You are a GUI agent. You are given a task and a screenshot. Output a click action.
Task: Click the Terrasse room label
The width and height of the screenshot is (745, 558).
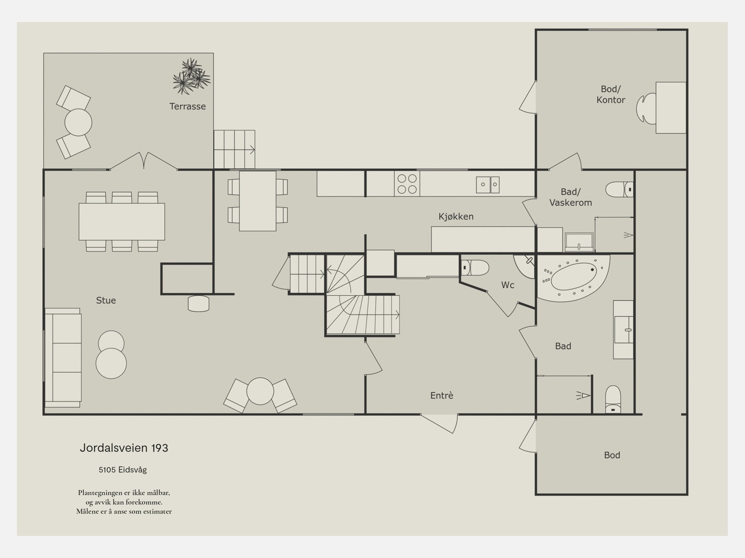(187, 106)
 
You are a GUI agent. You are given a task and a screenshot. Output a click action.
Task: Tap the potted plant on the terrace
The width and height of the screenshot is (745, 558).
(191, 76)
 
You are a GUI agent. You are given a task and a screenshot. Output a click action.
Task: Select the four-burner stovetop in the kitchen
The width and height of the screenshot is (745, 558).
(407, 184)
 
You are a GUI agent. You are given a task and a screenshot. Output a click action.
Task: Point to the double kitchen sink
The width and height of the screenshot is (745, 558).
(488, 184)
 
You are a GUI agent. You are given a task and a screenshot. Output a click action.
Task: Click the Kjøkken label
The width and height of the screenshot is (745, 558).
(456, 216)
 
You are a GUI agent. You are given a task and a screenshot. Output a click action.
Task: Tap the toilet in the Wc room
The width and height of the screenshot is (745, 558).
(475, 267)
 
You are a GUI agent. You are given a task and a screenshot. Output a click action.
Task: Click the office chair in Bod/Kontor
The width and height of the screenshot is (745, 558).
(646, 108)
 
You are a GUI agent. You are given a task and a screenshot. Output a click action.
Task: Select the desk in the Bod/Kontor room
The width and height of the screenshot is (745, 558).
(670, 108)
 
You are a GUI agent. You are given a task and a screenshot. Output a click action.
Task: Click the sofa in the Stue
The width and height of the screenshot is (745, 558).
(63, 358)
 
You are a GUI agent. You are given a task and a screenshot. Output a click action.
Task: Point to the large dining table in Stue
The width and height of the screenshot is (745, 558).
(122, 222)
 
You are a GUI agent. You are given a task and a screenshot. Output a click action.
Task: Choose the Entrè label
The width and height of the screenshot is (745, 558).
(441, 395)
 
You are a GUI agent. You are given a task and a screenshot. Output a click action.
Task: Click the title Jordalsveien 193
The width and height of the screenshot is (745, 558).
(124, 448)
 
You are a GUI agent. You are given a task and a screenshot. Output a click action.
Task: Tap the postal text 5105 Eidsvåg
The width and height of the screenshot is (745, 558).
(123, 470)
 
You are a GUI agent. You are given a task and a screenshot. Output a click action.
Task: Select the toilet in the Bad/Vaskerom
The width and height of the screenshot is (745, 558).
(619, 190)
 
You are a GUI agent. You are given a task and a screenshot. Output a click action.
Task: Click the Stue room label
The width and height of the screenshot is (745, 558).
(106, 300)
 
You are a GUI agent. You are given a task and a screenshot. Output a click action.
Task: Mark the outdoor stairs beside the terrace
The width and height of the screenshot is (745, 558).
(234, 150)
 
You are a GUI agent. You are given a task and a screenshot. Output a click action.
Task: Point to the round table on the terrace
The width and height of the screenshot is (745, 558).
(78, 122)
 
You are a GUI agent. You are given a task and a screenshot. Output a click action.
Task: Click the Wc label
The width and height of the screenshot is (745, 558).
(508, 285)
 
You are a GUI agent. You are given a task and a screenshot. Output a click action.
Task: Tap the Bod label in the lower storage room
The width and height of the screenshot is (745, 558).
(612, 455)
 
